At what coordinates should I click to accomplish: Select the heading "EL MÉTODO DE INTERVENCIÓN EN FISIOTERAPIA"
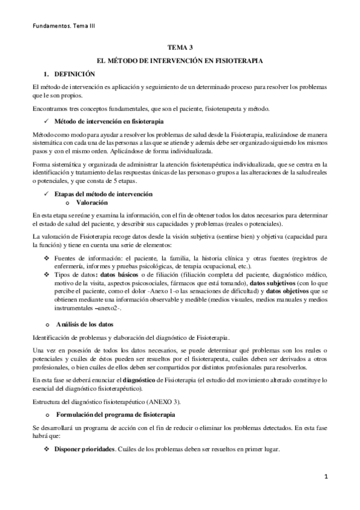(x=180, y=61)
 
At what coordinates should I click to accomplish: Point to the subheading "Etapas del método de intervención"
(x=103, y=194)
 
